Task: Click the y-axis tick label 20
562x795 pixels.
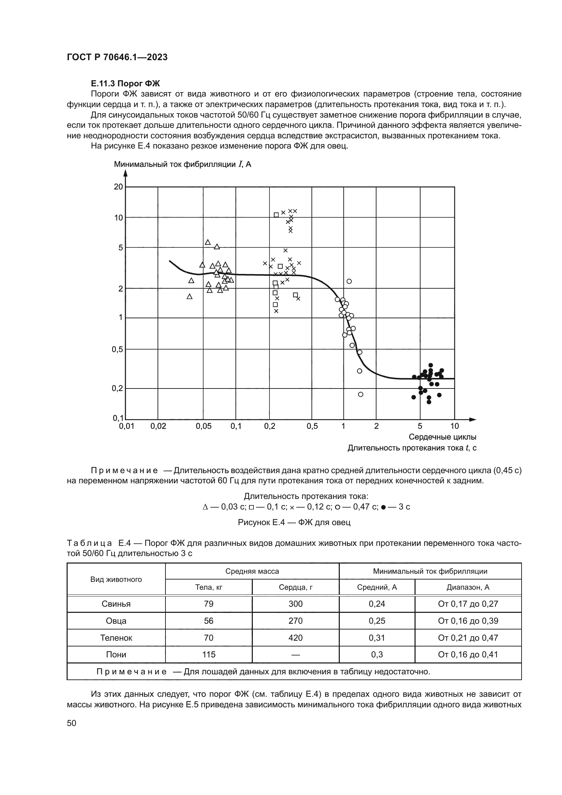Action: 118,187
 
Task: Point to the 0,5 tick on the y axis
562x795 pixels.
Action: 117,349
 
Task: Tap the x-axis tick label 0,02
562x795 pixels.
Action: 158,426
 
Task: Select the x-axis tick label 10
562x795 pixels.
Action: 454,426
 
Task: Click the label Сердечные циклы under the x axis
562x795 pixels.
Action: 442,437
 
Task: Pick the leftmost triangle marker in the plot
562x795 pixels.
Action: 189,296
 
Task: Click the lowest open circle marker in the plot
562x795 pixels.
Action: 361,394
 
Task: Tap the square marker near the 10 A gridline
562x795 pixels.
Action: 276,215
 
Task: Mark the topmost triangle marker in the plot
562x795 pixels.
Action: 208,242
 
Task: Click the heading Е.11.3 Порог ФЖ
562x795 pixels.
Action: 125,84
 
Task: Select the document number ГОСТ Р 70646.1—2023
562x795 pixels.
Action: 117,57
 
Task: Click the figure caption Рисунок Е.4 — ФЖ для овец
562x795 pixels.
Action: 294,522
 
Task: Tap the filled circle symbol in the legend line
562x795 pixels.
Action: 383,507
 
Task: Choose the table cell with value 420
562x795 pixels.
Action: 296,638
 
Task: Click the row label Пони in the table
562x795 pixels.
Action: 116,654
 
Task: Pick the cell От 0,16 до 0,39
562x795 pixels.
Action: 468,621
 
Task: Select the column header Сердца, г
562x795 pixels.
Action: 296,587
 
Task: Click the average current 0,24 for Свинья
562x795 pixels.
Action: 377,604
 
